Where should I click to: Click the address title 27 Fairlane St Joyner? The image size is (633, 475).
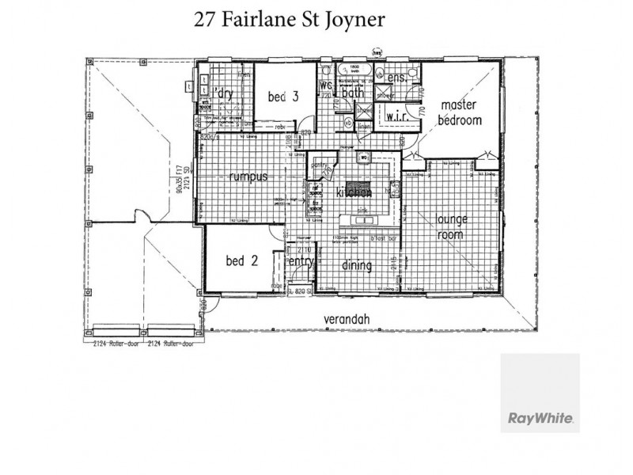pos(289,20)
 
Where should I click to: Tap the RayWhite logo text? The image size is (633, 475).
pos(540,416)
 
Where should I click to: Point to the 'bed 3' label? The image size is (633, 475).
pos(282,97)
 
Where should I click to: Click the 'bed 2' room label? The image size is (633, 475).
pos(242,261)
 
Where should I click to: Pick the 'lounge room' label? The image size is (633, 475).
pos(452,226)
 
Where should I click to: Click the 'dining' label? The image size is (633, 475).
pos(357,265)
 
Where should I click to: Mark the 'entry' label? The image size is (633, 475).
pos(301,261)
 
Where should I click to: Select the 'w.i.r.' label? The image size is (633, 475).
pos(396,116)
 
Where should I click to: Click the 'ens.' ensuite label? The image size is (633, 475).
pos(396,79)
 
